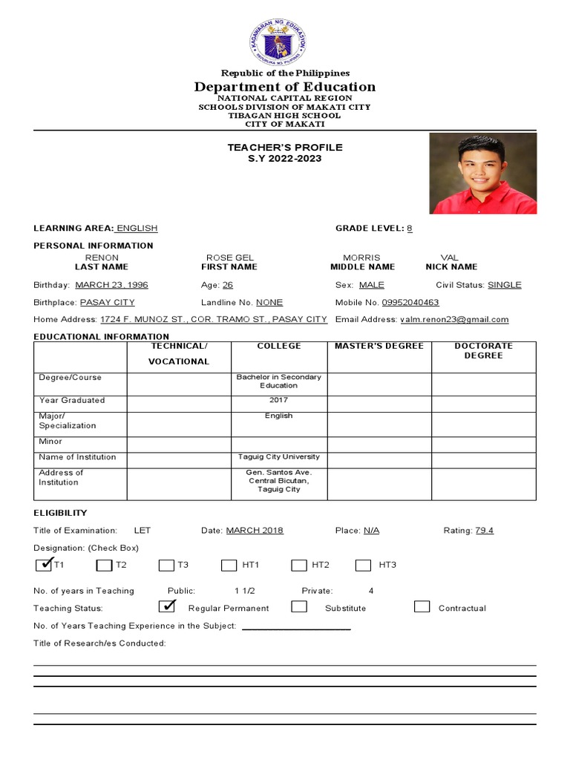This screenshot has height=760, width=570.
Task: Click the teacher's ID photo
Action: coord(482,174)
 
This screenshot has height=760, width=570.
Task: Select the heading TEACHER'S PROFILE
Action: coord(284,148)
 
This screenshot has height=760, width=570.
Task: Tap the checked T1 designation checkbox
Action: coord(43,565)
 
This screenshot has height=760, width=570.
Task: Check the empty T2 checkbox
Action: coord(104,566)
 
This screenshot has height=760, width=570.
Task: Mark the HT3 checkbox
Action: coord(363,566)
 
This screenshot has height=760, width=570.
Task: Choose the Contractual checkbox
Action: coord(422,606)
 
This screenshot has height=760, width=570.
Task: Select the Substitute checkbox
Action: coord(299,606)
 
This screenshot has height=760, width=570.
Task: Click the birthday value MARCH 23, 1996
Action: coord(111,285)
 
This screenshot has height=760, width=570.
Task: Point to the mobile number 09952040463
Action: coord(410,303)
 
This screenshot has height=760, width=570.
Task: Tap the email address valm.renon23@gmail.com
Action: coord(454,320)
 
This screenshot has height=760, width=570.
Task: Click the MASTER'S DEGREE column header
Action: coord(379,346)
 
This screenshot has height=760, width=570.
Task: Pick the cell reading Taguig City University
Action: coord(279,457)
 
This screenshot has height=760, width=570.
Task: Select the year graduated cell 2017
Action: coord(279,400)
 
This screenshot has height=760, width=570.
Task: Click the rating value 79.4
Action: coord(485,531)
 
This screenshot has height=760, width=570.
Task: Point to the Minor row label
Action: coord(51,442)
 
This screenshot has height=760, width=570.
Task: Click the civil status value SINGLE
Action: coord(505,285)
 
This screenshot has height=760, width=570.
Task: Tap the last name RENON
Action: coord(102,258)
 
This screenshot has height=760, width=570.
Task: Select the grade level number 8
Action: coord(409,229)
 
